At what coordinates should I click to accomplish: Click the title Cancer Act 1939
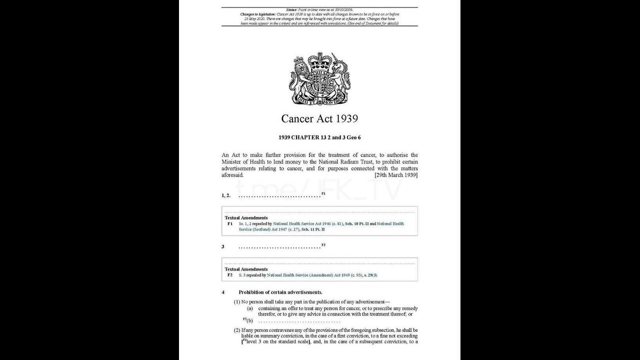point(319,118)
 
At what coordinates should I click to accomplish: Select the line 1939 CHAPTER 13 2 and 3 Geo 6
point(319,137)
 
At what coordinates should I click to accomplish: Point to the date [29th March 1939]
point(396,175)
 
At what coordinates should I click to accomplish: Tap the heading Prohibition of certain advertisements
point(280,292)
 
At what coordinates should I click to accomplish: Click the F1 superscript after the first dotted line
point(323,193)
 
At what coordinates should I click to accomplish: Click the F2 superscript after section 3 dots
point(323,245)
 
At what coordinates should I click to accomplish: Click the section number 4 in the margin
point(223,292)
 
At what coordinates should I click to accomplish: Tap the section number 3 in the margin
point(223,247)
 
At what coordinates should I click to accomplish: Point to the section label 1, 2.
point(226,195)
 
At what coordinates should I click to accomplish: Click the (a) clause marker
point(249,309)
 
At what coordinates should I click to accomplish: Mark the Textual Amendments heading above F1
point(246,217)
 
